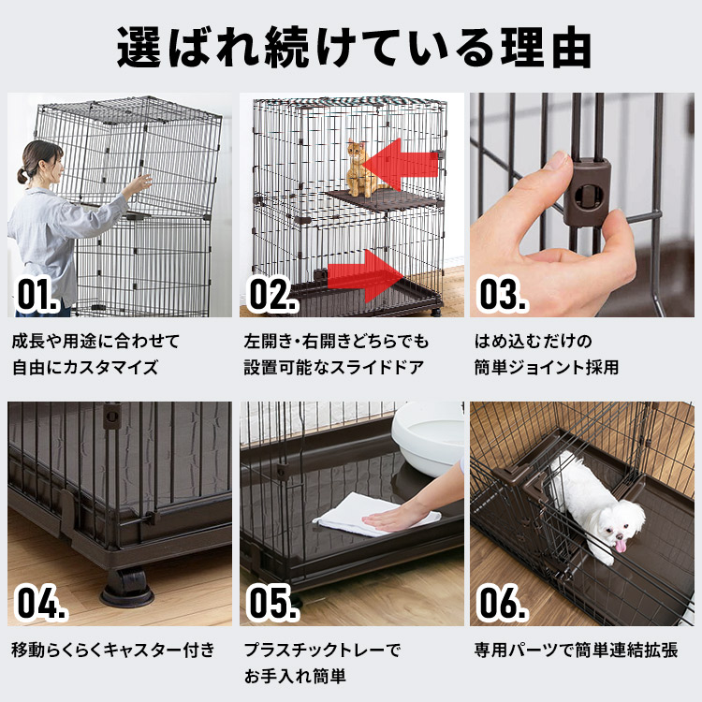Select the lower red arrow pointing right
point(365,275)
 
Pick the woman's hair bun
point(21,175)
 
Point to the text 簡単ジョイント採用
point(545,367)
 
